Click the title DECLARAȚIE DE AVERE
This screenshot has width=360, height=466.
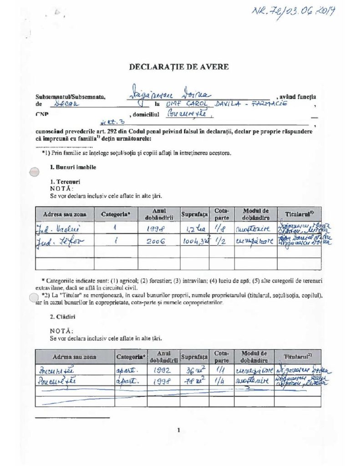179,67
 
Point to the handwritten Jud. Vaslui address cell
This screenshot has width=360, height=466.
56,228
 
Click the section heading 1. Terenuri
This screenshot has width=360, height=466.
61,181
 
